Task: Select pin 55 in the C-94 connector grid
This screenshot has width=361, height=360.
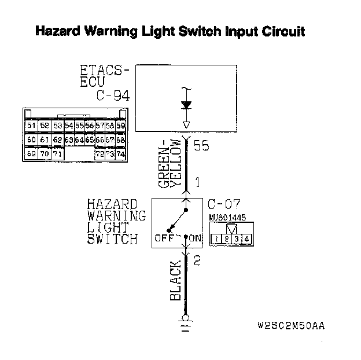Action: [x=79, y=125]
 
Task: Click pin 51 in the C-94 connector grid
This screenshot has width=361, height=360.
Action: [x=31, y=125]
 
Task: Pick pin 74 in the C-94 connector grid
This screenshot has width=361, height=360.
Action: [x=120, y=154]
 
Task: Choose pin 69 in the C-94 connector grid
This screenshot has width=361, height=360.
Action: [x=31, y=154]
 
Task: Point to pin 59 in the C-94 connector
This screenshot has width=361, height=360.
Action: [x=120, y=125]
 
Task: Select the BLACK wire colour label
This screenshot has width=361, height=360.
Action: [x=176, y=281]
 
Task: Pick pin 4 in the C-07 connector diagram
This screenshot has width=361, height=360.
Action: [x=246, y=238]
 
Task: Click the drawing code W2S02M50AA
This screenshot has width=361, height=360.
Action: [x=291, y=325]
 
